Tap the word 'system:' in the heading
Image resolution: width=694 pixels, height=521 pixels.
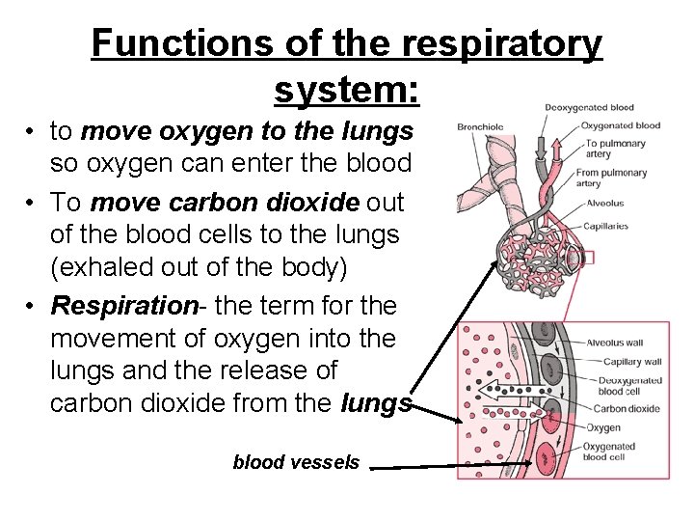coord(346,91)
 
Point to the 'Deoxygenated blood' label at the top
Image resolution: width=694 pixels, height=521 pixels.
coord(589,107)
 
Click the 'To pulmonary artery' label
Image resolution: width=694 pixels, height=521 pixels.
coord(614,149)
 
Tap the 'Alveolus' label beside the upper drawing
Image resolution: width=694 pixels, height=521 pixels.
coord(604,204)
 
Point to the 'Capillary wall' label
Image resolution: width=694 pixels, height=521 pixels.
coord(631,362)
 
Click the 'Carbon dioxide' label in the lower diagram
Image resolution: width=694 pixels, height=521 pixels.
coord(626,408)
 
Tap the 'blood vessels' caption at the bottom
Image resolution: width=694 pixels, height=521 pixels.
coord(296,462)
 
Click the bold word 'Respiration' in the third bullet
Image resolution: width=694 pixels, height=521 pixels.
coord(123,307)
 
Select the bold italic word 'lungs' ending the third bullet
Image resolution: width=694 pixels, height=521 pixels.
coord(377,404)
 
